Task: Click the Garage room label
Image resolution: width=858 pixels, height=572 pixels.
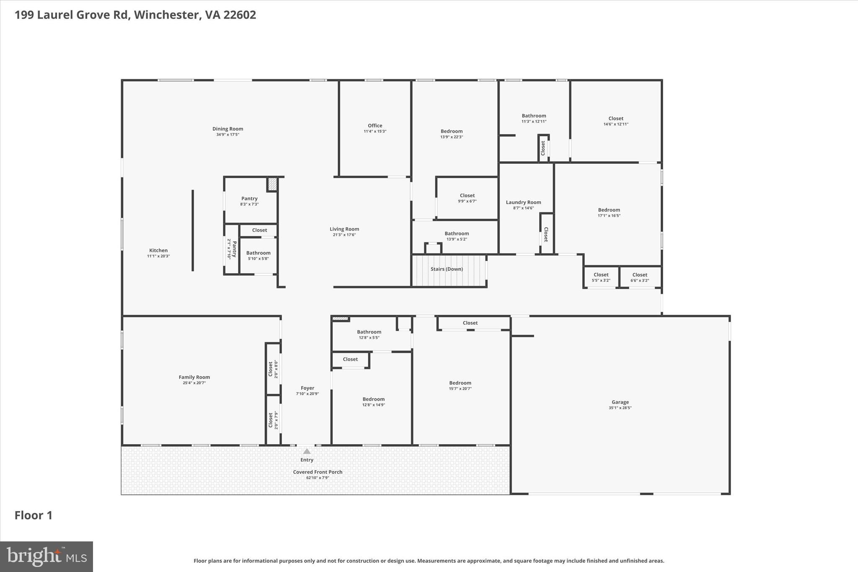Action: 620,402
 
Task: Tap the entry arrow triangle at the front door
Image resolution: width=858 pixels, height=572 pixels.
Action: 307,451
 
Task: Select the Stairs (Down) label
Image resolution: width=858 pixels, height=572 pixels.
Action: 447,269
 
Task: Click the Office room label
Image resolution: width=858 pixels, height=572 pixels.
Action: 375,126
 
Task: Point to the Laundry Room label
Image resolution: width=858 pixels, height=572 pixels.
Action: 523,202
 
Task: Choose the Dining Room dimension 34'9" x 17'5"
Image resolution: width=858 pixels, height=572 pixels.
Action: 227,135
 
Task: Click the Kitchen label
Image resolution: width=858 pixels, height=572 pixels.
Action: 158,251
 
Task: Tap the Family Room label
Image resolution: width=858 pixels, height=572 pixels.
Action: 194,377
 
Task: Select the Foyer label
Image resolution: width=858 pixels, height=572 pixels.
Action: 308,388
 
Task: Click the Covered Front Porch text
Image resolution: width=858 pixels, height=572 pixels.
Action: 318,472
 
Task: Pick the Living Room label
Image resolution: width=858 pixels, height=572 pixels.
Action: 344,229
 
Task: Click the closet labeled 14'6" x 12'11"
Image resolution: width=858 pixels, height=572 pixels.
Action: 616,121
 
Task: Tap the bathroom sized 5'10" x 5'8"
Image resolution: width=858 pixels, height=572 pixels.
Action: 258,255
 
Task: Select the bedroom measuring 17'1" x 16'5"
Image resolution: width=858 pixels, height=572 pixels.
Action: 609,212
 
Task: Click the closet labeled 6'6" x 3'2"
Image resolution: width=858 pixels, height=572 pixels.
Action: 640,277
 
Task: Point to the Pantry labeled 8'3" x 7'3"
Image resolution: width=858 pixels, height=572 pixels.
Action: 249,201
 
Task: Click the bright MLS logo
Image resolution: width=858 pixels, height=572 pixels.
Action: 47,556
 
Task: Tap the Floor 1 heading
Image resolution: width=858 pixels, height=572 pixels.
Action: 34,515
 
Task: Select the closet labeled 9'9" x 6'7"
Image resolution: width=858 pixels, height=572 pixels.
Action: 467,198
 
